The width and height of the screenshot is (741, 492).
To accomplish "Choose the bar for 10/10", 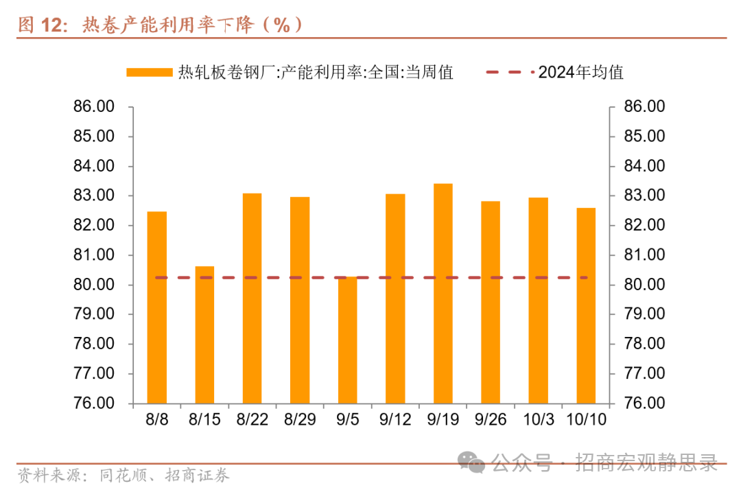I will tap(586, 305).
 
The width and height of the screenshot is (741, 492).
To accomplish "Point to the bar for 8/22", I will tap(252, 298).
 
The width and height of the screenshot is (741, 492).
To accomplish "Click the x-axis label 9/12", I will tap(395, 419).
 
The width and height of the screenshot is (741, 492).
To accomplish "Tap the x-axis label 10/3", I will tap(539, 419).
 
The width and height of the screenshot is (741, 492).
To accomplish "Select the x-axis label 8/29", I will tap(300, 419).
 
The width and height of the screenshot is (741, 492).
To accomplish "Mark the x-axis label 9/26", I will tap(491, 419).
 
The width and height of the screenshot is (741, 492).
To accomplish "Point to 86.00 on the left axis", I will tap(95, 107).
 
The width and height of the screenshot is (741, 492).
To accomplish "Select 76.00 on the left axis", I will tap(95, 403).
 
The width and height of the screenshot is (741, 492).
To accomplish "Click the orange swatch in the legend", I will tap(149, 72).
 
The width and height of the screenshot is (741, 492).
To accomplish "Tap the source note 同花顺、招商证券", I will tap(164, 475).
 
